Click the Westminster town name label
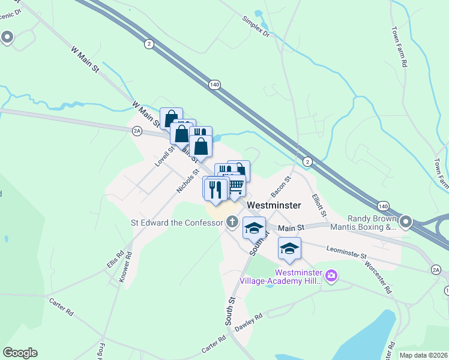click(274, 205)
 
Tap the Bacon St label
click(281, 187)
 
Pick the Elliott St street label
click(319, 205)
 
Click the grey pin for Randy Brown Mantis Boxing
click(406, 223)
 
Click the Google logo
click(20, 353)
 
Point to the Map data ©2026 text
click(423, 355)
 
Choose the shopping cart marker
click(236, 187)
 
